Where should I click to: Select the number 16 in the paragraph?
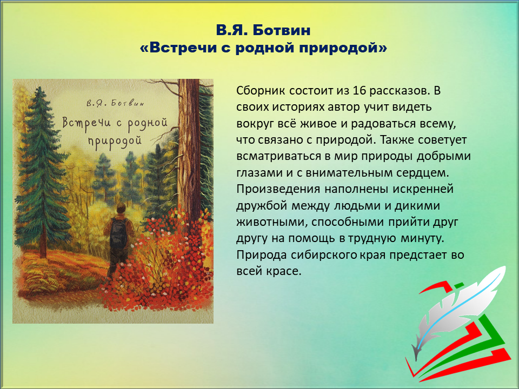(x=360, y=90)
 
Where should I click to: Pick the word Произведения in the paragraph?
(x=278, y=190)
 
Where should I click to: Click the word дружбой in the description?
(x=262, y=206)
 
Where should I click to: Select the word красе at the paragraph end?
(x=284, y=272)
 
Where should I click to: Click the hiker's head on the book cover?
(x=121, y=208)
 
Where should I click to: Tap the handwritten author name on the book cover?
(x=115, y=103)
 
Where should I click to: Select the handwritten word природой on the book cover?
(x=115, y=140)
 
